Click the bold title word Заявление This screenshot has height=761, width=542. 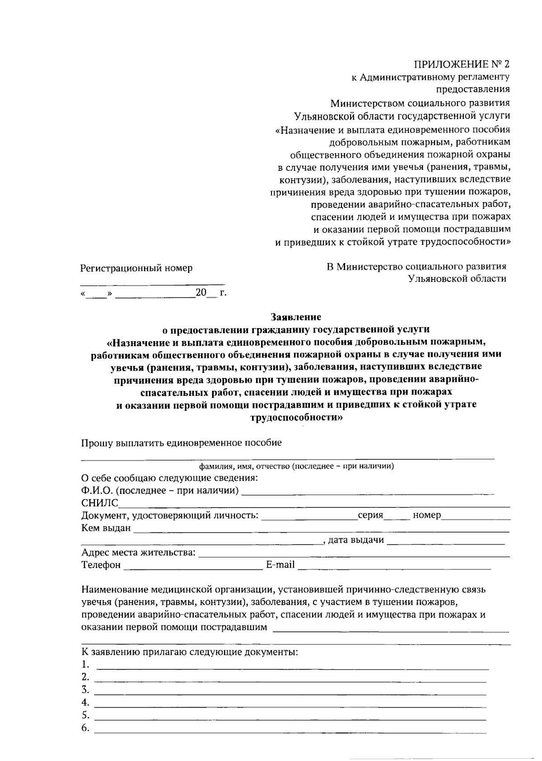[296, 317]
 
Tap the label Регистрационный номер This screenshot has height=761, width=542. [136, 268]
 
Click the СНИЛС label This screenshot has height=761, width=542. [99, 503]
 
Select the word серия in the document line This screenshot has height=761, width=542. [370, 515]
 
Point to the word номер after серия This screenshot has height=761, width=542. [426, 515]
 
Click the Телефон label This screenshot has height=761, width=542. [101, 564]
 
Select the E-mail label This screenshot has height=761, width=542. [280, 564]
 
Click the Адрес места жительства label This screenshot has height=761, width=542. [138, 552]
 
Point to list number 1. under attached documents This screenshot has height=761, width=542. [85, 664]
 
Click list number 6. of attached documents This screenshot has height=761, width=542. [85, 728]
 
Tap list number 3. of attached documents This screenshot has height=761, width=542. [85, 690]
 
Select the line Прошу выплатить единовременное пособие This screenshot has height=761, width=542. [181, 442]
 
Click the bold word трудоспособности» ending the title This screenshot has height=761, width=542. [296, 418]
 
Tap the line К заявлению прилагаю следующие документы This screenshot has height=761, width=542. [189, 652]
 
